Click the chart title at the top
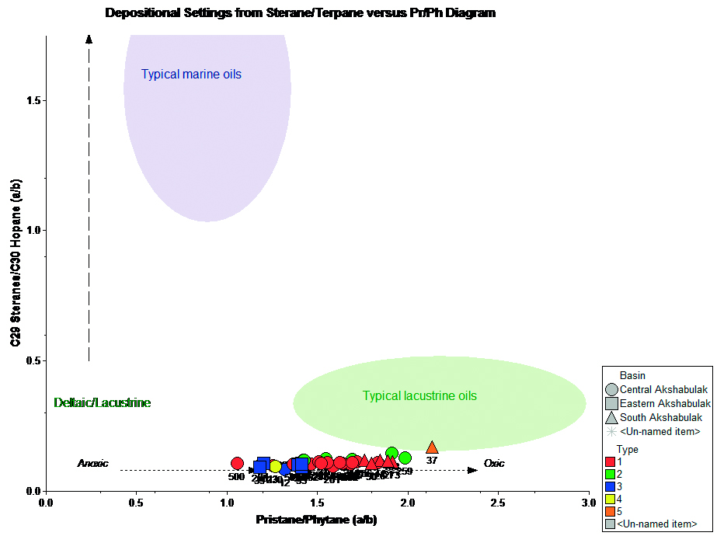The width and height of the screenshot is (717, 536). point(300,13)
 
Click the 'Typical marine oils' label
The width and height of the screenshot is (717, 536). point(191,75)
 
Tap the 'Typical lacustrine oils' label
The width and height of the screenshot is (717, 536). point(419,396)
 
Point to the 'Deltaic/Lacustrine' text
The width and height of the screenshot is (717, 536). point(102,403)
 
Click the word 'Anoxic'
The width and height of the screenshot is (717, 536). point(92,464)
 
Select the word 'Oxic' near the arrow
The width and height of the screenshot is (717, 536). point(494,464)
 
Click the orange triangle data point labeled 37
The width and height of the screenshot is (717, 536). point(432,447)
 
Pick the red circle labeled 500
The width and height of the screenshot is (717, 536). point(237,464)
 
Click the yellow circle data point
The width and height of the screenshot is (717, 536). point(275,466)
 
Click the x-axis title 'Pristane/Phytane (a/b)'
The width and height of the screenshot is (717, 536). point(317,520)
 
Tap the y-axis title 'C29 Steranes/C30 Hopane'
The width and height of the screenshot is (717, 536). point(16,263)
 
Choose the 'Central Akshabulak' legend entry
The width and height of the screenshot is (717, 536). point(663,389)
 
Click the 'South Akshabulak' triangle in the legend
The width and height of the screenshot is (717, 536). point(611,417)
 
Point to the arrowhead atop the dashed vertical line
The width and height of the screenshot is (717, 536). point(89,39)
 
